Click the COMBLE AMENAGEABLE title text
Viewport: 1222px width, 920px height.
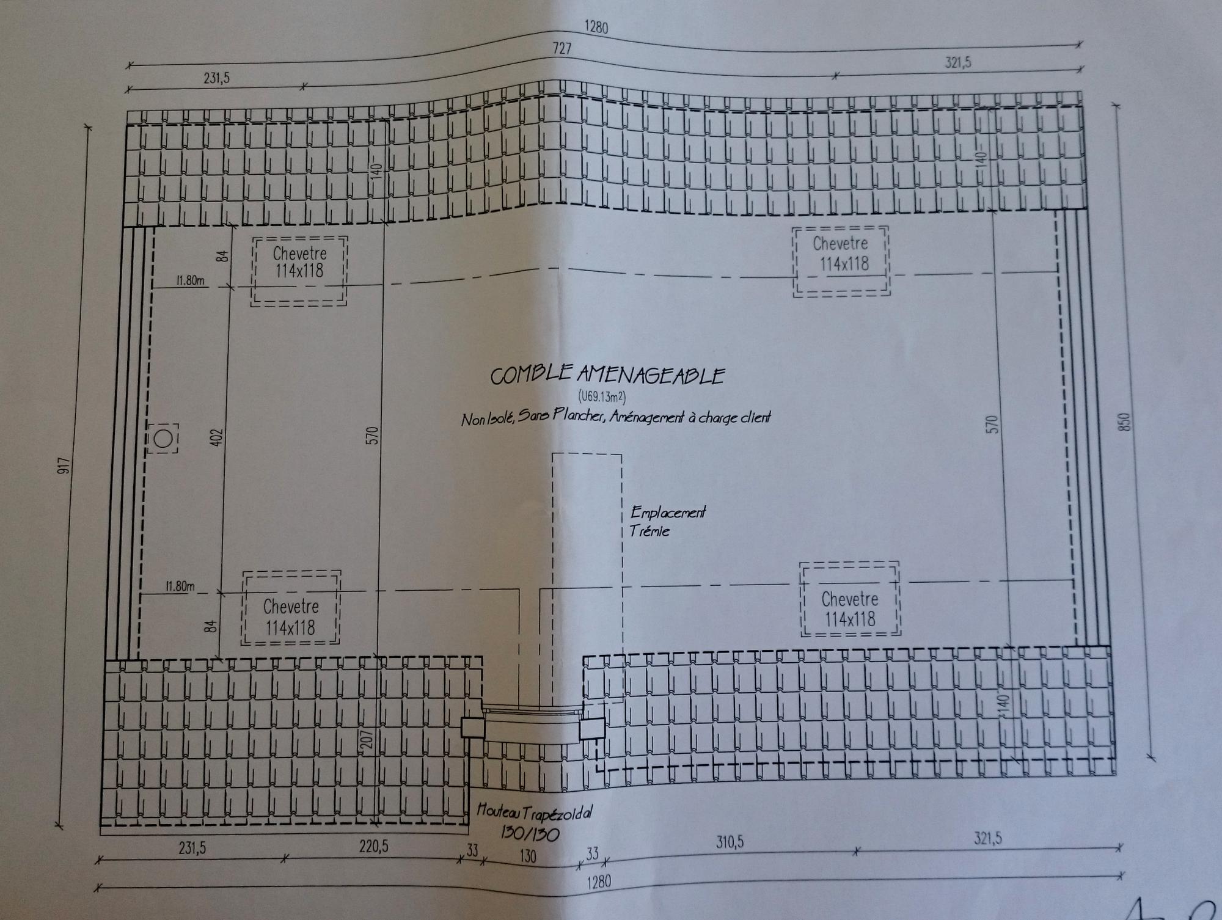607,374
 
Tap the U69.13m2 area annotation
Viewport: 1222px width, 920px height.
602,397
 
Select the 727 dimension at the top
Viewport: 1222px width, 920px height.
562,48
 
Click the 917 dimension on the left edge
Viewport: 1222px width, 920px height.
65,465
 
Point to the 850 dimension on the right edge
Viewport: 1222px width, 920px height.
1126,422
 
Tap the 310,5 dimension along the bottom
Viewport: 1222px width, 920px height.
730,843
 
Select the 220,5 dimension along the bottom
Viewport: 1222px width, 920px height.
373,847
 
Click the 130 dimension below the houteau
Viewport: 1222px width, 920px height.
527,856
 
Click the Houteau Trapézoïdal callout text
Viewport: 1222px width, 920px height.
533,813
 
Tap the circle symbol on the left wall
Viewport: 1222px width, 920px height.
163,439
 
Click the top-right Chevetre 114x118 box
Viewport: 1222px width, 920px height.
841,261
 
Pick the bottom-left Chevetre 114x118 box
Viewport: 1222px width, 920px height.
291,608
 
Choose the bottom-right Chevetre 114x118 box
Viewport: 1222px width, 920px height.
849,599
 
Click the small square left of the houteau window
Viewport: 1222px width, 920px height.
472,728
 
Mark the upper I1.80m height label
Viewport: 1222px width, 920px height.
189,281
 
